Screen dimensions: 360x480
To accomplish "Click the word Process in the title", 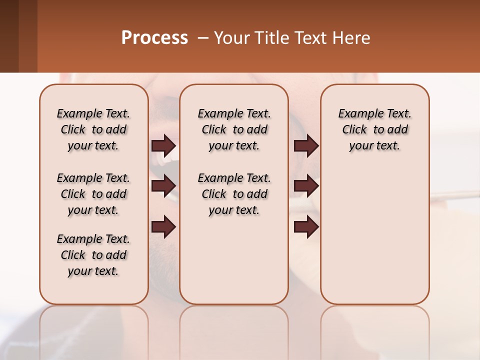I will pos(154,38).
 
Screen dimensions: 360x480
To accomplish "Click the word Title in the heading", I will pos(270,38).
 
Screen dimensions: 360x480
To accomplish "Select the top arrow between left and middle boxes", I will pos(163,145).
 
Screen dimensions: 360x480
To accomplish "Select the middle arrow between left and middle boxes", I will pos(163,186).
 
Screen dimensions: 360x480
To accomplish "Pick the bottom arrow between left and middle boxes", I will pos(163,227).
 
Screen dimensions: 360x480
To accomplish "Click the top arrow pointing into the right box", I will pos(306,145).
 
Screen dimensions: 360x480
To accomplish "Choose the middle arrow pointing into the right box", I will pos(306,186).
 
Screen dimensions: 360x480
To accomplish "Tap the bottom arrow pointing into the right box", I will pos(306,227).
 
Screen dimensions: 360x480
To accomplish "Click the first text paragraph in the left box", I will pos(93,129).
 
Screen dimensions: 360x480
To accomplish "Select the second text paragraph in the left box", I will pos(93,194).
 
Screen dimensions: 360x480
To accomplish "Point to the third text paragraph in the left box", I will pos(93,255).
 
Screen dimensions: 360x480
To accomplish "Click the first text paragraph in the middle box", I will pos(234,129).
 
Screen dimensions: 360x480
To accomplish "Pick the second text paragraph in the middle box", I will pos(234,194).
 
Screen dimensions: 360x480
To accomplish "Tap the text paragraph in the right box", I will pos(374,129).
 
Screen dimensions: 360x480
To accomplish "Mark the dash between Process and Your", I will pos(203,38).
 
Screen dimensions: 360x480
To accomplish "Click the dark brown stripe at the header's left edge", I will pos(9,36).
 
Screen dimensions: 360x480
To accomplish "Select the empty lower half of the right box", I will pos(374,240).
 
